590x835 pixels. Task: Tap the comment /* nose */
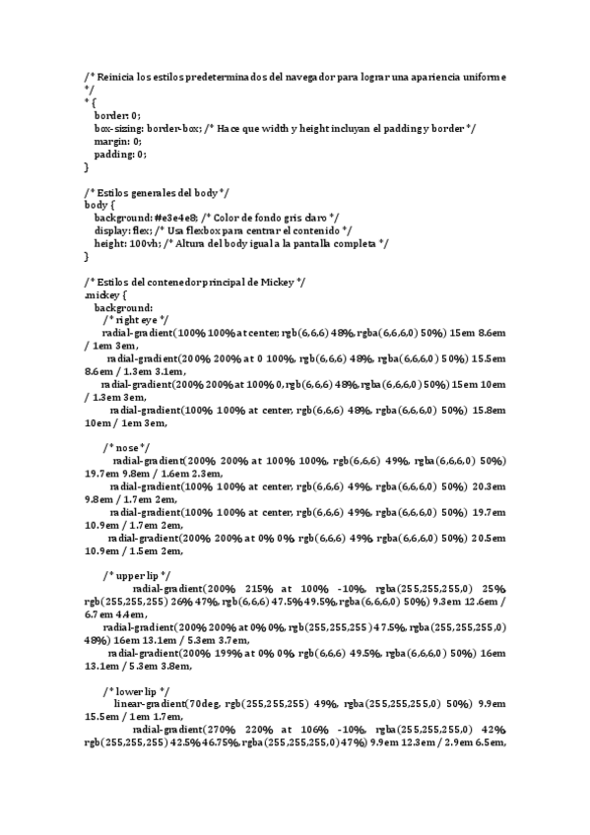tap(126, 448)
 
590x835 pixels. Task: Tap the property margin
tap(112, 141)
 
